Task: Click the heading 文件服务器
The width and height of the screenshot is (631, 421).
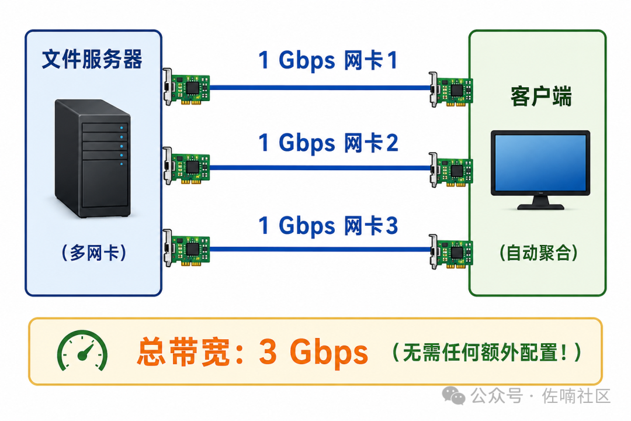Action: (92, 59)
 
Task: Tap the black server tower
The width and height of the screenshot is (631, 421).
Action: (92, 158)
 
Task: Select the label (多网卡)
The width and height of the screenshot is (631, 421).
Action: (93, 253)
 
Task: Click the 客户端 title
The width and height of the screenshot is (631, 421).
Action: (541, 96)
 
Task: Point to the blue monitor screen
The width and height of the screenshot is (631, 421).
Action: (540, 163)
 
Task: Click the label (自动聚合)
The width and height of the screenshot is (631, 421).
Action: (539, 253)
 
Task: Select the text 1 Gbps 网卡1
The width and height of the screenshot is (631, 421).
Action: (328, 60)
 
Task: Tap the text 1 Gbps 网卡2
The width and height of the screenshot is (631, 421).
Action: (328, 143)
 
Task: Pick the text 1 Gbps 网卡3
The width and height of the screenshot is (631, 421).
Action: (328, 225)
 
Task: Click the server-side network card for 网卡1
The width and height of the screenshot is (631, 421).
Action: (186, 87)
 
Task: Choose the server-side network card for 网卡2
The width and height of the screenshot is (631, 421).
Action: (186, 166)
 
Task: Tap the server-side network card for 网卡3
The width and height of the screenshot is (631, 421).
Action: (186, 248)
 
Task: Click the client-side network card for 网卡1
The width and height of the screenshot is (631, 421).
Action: (450, 89)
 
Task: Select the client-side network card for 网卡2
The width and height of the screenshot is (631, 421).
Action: (450, 170)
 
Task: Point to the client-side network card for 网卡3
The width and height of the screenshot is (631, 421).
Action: (450, 252)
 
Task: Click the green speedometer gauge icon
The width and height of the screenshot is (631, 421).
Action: (82, 350)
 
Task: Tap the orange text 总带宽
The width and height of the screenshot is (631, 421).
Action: (189, 351)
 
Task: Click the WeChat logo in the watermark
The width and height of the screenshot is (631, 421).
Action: (453, 396)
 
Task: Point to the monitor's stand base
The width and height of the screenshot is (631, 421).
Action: (540, 205)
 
